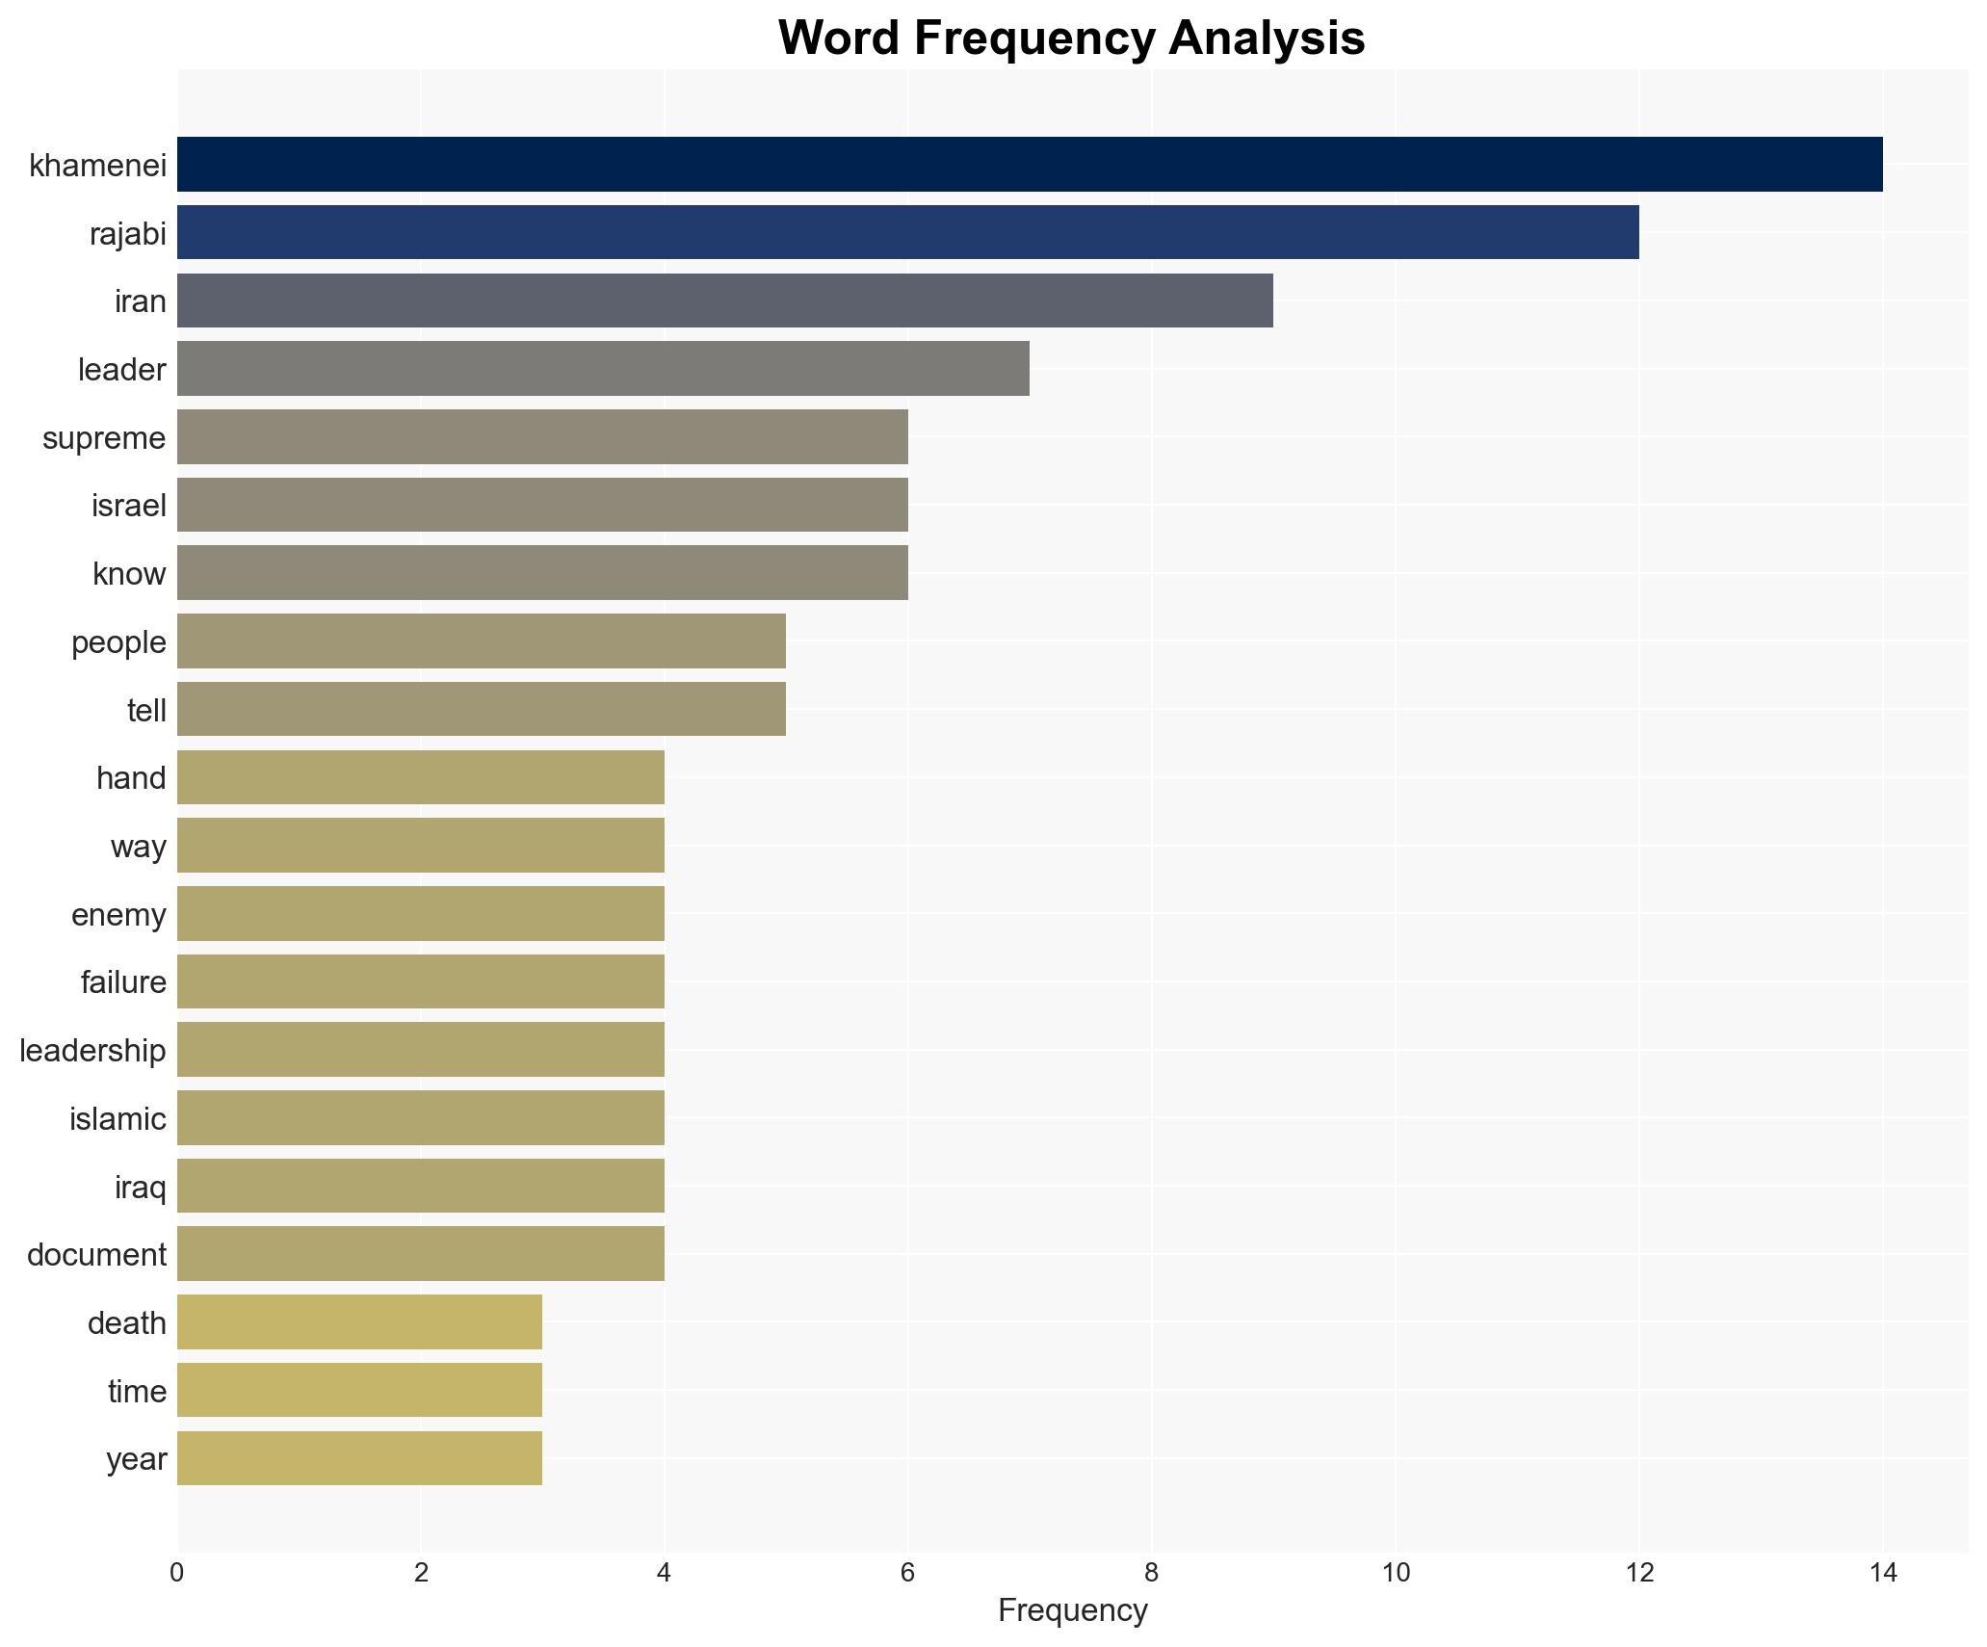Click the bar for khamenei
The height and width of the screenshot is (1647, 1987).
tap(1029, 165)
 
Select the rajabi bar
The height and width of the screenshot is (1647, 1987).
tap(907, 232)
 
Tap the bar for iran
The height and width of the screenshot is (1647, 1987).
tap(724, 301)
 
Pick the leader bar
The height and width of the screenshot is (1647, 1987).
tap(603, 369)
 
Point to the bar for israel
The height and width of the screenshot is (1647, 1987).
tap(542, 505)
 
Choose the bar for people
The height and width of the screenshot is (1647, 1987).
tap(482, 641)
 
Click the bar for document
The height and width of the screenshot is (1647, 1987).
tap(421, 1254)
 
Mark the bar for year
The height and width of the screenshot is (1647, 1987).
tap(359, 1458)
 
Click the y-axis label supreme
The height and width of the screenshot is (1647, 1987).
tap(104, 438)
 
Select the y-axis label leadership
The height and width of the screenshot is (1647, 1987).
tap(92, 1051)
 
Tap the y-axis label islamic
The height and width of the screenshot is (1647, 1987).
tap(118, 1119)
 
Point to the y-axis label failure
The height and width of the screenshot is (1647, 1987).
tap(123, 982)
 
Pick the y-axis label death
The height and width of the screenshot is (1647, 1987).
tap(126, 1323)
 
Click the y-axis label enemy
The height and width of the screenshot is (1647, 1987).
tap(118, 915)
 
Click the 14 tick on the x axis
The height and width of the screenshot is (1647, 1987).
tap(1882, 1574)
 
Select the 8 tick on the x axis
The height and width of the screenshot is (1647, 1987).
tap(1151, 1574)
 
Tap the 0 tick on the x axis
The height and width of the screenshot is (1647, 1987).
tap(177, 1574)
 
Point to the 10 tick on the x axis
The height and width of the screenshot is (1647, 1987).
tap(1395, 1574)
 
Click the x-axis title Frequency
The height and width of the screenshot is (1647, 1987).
tap(1072, 1610)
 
